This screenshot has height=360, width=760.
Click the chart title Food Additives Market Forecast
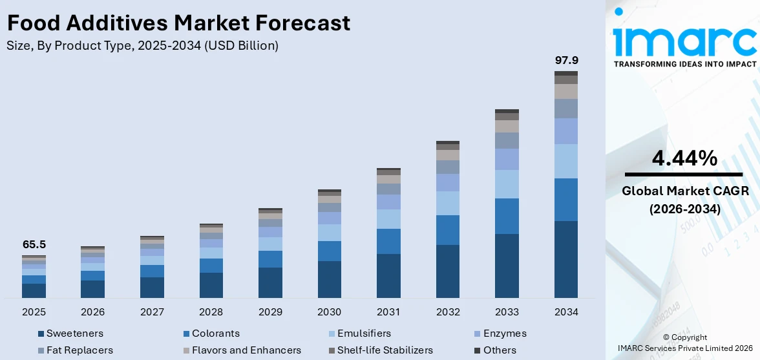point(178,23)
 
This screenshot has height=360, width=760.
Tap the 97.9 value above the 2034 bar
point(566,60)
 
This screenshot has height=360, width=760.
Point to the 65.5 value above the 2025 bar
point(34,245)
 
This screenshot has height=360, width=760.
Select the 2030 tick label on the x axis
point(329,312)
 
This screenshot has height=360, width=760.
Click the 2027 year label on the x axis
point(152,312)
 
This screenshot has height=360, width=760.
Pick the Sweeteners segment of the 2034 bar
point(566,259)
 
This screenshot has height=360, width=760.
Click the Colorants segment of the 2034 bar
point(566,199)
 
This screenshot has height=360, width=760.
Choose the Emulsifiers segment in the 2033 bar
point(507,184)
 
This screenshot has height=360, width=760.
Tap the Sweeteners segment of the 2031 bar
point(388,275)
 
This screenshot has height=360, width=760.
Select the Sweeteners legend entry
point(74,334)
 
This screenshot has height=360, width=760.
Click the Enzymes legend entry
point(504,334)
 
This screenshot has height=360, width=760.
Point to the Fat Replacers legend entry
point(79,350)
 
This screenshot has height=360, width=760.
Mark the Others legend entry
point(500,350)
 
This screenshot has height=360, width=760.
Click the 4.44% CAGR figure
point(684,158)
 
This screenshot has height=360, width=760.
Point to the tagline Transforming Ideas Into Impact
point(684,64)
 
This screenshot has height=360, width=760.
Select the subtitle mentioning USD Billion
point(143,46)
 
